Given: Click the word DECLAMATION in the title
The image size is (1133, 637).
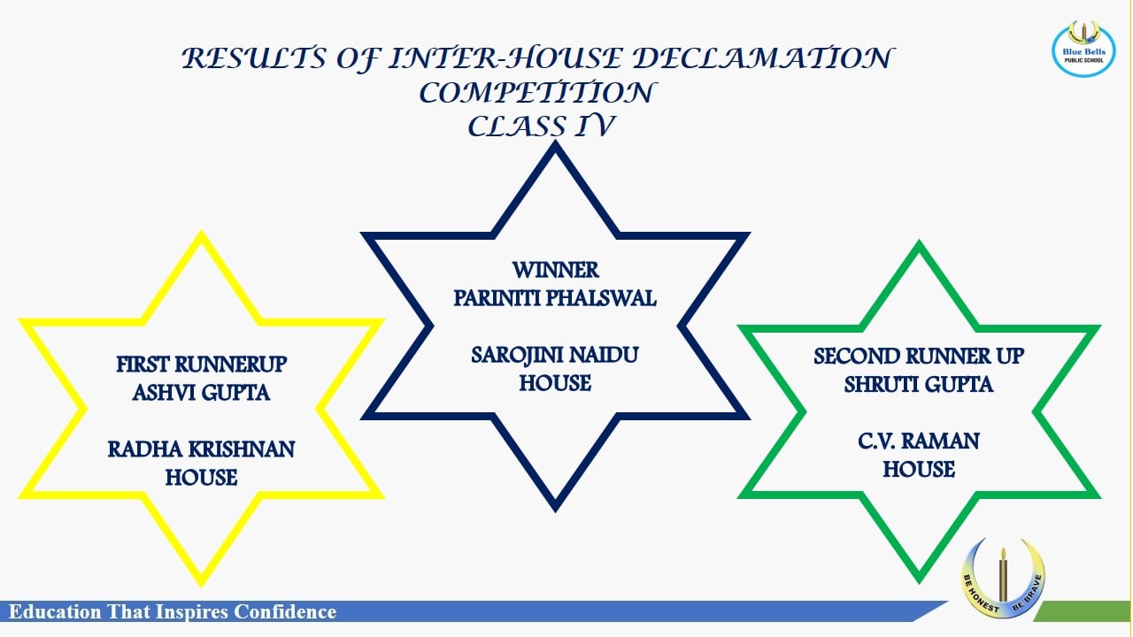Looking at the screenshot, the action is pyautogui.click(x=764, y=58).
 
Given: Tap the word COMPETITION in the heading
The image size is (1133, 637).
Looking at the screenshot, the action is pyautogui.click(x=537, y=93).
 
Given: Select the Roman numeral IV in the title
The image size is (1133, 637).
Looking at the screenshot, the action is pyautogui.click(x=595, y=126).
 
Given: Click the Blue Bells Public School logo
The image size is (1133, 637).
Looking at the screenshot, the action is pyautogui.click(x=1083, y=49).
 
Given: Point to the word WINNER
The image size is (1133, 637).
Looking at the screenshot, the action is pyautogui.click(x=555, y=270).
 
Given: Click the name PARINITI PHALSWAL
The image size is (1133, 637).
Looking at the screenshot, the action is pyautogui.click(x=555, y=298).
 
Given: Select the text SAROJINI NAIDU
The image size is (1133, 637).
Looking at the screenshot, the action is pyautogui.click(x=555, y=355).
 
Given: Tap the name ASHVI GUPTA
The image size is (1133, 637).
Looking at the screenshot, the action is pyautogui.click(x=201, y=393).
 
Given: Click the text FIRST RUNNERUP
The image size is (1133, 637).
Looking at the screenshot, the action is pyautogui.click(x=201, y=365).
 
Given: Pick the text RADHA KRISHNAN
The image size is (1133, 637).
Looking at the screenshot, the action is pyautogui.click(x=201, y=449).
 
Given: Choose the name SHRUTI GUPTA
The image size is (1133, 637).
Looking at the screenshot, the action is pyautogui.click(x=919, y=385).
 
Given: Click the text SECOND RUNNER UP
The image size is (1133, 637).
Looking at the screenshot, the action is pyautogui.click(x=919, y=357).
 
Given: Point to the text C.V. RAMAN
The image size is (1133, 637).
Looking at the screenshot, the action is pyautogui.click(x=919, y=441).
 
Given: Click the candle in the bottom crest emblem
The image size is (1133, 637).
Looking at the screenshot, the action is pyautogui.click(x=1003, y=575).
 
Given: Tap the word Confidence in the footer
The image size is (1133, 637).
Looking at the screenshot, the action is pyautogui.click(x=285, y=611).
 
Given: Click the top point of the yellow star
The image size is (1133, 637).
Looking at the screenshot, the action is pyautogui.click(x=201, y=234).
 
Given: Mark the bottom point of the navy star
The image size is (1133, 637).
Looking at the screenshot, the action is pyautogui.click(x=555, y=510).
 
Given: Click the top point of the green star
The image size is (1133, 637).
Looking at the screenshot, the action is pyautogui.click(x=919, y=243).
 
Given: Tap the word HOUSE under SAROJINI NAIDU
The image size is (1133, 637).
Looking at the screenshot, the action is pyautogui.click(x=555, y=383).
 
